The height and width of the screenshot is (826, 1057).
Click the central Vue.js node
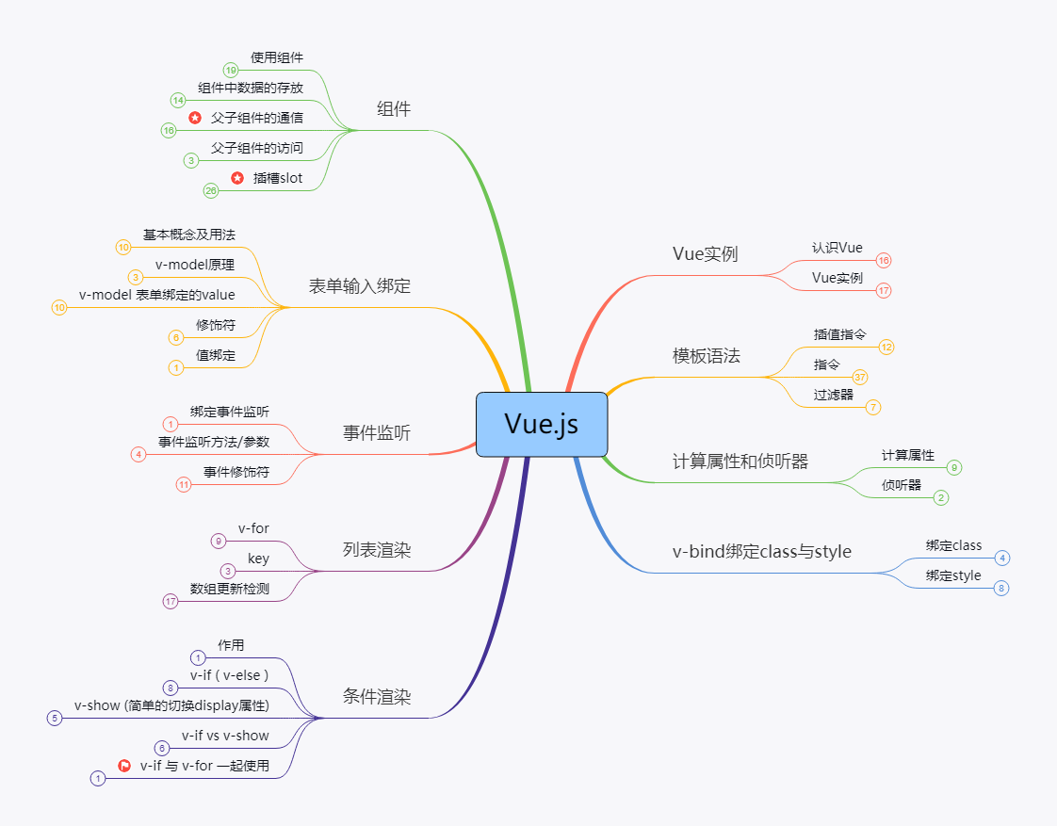542,424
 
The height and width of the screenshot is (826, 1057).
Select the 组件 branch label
394,109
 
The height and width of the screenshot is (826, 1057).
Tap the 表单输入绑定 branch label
360,286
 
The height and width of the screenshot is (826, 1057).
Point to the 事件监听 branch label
377,433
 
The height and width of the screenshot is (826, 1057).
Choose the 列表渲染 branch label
377,550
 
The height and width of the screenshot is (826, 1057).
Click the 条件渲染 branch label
377,698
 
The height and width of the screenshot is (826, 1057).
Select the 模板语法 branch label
707,356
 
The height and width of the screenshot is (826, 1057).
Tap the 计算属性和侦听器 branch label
740,462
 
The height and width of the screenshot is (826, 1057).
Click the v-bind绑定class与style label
762,552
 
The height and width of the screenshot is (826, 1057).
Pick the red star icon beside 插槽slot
237,178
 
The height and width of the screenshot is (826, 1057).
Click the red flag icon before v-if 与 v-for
124,766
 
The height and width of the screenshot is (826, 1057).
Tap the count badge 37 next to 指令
860,378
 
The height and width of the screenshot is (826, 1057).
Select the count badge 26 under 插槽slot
211,191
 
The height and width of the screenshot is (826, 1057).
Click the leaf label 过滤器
834,395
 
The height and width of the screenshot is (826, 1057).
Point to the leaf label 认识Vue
837,248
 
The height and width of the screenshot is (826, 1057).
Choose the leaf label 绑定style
953,575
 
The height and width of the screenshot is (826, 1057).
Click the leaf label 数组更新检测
230,589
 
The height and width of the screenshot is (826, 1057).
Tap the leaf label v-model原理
195,265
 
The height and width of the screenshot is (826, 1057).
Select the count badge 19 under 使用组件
231,71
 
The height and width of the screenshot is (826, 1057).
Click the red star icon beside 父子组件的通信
195,118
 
